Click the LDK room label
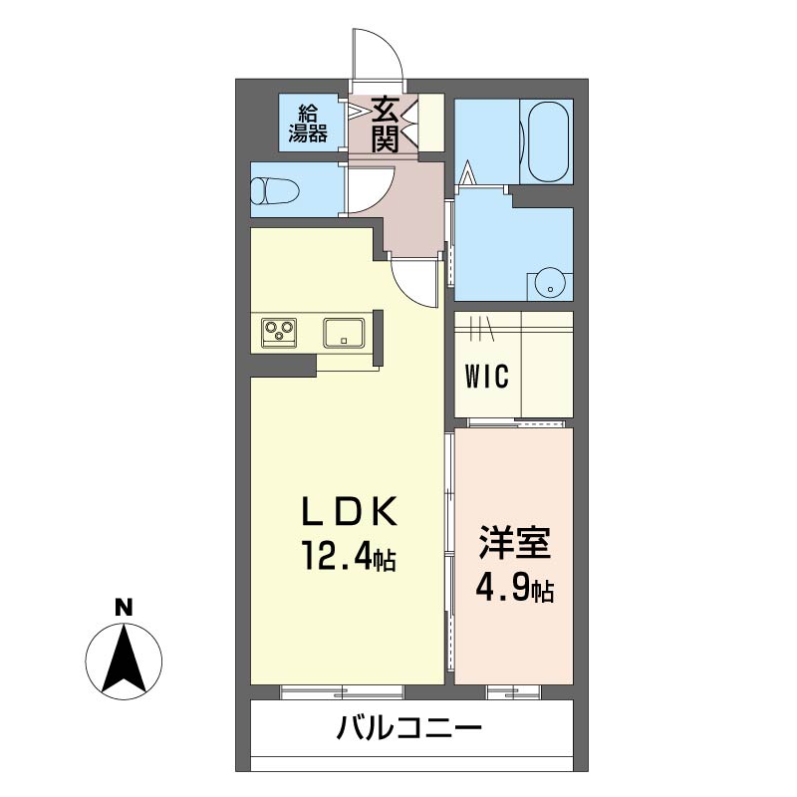tap(350, 512)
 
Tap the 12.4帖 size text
tap(350, 556)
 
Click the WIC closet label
tap(486, 377)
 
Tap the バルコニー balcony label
tap(409, 729)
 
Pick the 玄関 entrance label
tap(385, 125)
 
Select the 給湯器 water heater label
tap(308, 124)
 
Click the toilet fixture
tap(275, 190)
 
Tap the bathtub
tap(547, 141)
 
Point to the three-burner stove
tap(279, 332)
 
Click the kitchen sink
tap(344, 333)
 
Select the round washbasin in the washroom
tap(550, 288)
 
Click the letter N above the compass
tap(124, 608)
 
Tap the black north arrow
tap(124, 661)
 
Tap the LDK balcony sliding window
tap(342, 691)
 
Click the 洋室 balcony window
tap(513, 691)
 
